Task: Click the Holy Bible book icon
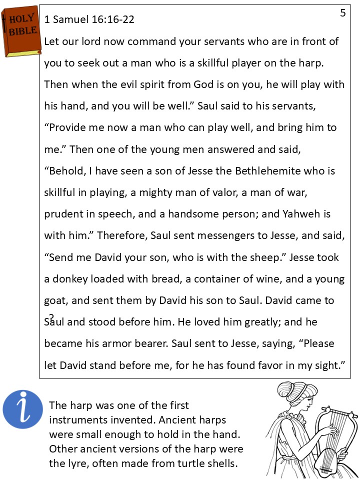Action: coord(21,31)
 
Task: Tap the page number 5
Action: coord(342,13)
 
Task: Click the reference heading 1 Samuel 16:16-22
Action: coord(89,19)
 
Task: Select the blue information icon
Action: coord(22,409)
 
